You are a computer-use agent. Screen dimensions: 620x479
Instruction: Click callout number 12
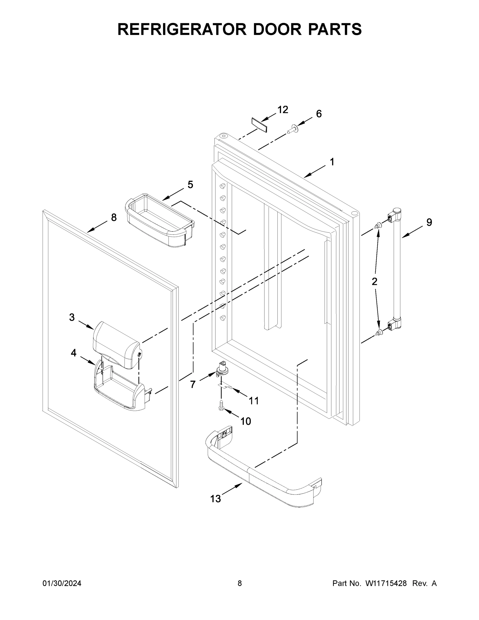click(283, 110)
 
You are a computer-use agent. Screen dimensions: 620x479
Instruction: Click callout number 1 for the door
click(332, 162)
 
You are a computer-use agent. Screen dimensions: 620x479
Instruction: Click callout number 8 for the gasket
click(114, 218)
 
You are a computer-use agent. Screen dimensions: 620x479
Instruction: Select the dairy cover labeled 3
click(116, 345)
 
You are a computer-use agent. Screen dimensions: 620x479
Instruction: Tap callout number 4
click(74, 353)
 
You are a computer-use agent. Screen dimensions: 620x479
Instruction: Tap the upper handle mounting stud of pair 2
click(378, 226)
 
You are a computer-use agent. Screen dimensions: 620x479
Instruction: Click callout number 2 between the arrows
click(375, 281)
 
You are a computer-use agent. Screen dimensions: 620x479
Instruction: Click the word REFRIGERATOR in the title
click(182, 29)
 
